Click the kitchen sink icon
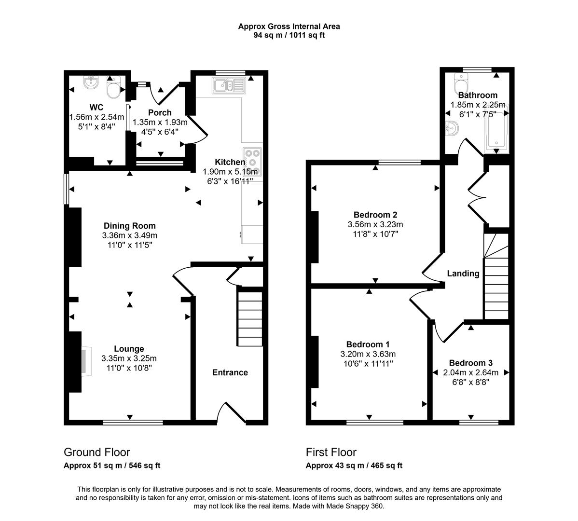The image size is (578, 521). (229, 86)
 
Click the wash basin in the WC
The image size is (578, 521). (91, 84)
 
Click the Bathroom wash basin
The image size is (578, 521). (452, 129)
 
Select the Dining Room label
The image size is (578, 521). (130, 226)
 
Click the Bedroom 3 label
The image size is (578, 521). (470, 363)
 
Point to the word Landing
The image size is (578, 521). (463, 274)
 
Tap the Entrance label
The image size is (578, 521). (230, 372)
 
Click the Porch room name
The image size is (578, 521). (160, 112)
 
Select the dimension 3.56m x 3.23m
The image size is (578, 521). (375, 224)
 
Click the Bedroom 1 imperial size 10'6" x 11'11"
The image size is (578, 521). (368, 363)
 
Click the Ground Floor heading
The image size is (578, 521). (96, 452)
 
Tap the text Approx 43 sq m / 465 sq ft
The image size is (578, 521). (354, 466)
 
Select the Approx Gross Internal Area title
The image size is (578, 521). (289, 27)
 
